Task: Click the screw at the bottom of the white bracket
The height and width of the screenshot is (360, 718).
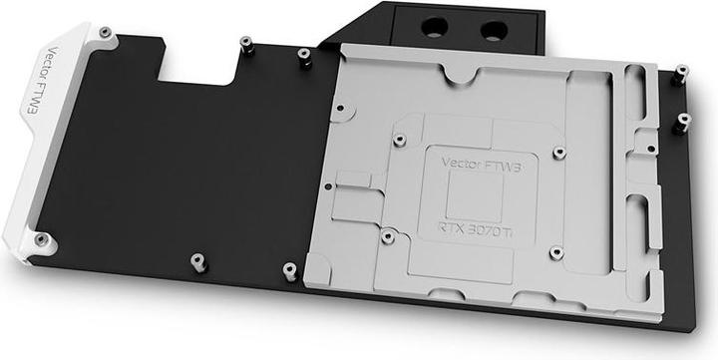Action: [41, 239]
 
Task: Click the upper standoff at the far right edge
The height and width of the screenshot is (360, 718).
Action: [681, 72]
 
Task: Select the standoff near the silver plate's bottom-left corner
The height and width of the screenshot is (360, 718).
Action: [289, 269]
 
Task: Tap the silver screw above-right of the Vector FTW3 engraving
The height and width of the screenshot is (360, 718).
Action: [558, 153]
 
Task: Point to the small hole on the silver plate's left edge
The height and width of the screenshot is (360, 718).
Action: [340, 104]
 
